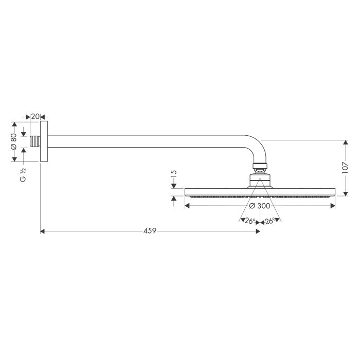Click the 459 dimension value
coord(150,231)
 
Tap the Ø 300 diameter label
coord(260,206)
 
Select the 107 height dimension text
coord(345,168)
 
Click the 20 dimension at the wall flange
coord(35,117)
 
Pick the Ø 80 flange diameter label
coord(14,141)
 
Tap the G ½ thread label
coord(23,175)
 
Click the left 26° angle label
coord(250,221)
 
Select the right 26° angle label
coord(270,221)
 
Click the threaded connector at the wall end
coord(35,141)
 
